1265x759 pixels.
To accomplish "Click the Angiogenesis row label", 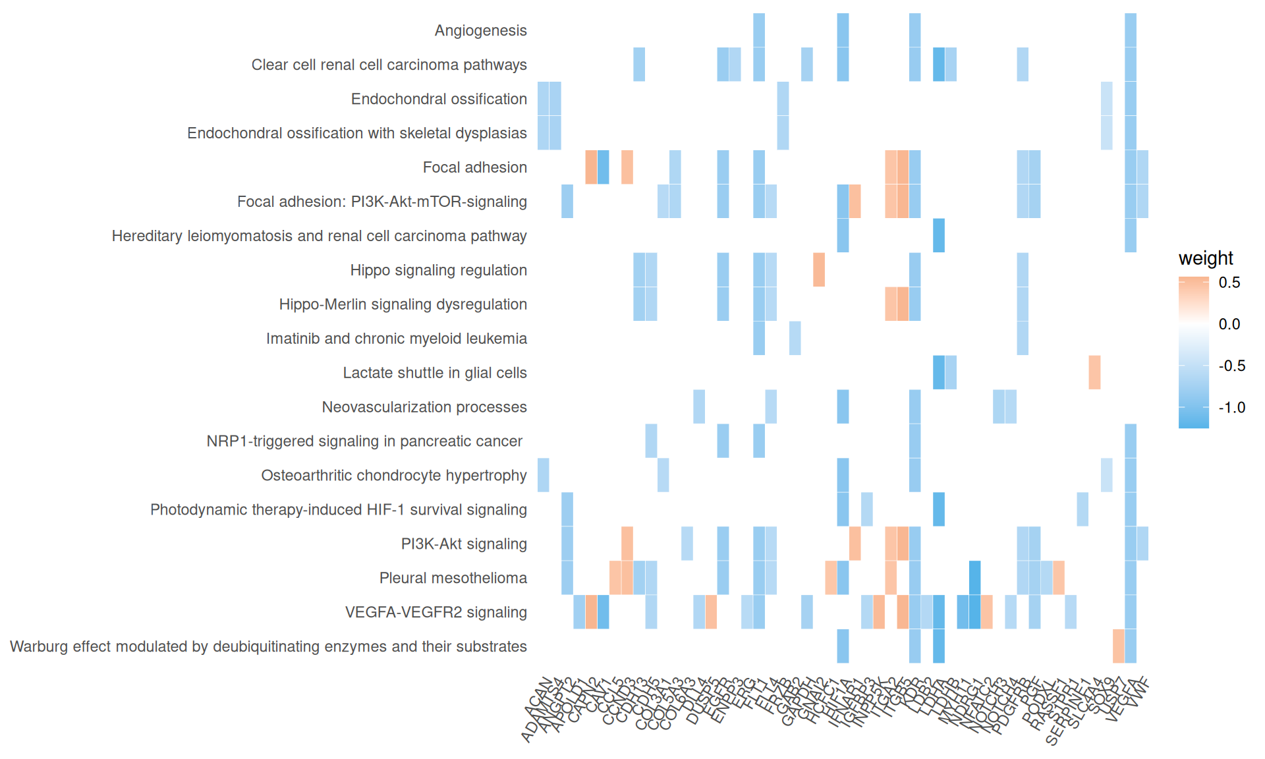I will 480,30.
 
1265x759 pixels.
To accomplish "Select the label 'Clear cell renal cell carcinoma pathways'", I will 389,65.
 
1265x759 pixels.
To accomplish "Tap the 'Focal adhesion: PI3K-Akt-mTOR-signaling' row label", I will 381,202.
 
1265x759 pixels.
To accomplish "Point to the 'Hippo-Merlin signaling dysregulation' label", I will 403,304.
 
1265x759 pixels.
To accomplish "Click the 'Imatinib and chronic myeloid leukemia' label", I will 396,339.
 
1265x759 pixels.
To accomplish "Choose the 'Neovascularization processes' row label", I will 424,407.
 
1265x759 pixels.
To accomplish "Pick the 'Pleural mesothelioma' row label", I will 453,578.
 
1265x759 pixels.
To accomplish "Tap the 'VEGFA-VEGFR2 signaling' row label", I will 436,613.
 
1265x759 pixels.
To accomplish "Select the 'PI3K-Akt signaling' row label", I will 464,544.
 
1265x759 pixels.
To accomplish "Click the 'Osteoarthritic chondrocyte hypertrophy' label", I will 393,476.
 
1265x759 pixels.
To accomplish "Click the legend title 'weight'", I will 1206,258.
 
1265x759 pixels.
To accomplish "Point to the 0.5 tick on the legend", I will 1229,283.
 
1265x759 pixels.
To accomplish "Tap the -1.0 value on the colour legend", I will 1231,407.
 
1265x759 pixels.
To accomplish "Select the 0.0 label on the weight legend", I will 1229,324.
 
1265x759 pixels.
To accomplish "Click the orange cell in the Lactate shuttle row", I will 1094,372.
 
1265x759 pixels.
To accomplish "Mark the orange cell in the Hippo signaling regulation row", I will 819,269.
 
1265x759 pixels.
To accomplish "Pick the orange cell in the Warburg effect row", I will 1119,646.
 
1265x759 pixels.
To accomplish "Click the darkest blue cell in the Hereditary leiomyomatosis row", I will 939,235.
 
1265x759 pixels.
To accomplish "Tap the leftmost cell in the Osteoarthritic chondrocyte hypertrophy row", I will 544,475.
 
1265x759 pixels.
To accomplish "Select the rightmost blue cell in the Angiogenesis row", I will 1131,30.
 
